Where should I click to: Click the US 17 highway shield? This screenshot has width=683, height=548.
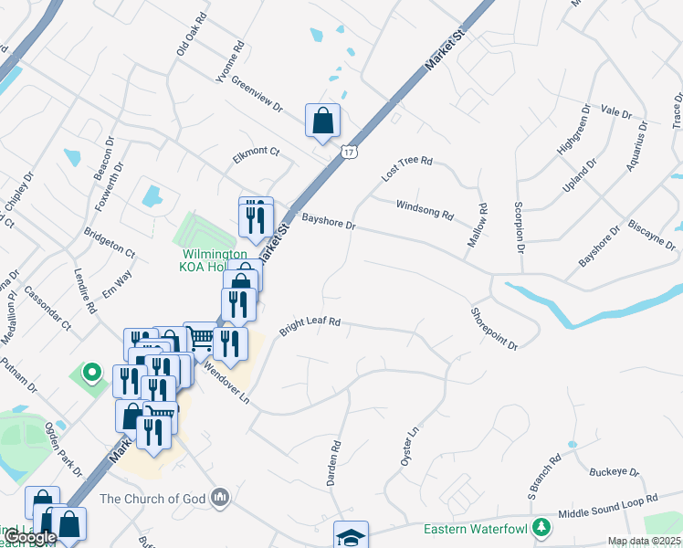348,152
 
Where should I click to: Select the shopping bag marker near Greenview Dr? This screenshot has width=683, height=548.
322,121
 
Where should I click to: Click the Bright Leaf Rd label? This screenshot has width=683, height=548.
310,327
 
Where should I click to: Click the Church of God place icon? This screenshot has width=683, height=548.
219,498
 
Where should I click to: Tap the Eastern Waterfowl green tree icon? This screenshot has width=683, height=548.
541,528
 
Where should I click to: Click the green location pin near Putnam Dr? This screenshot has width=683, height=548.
90,373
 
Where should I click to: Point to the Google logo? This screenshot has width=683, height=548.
30,536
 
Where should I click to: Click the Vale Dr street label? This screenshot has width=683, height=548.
616,112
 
